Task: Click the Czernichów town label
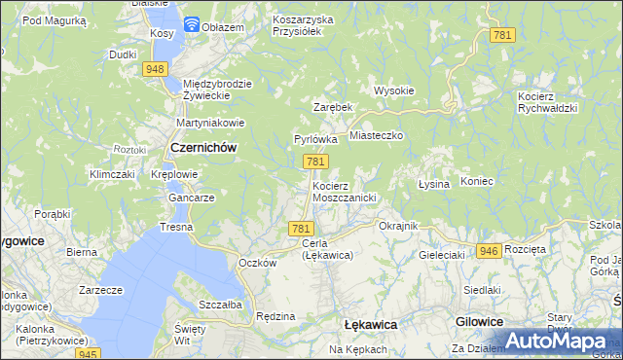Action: (x=203, y=147)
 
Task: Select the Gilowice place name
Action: (x=478, y=321)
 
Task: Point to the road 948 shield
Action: (x=155, y=69)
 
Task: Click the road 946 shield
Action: (x=489, y=251)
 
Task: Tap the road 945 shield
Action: (x=89, y=354)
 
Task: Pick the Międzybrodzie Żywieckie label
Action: (x=217, y=90)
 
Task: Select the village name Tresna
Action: (x=176, y=227)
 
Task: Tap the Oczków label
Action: (x=258, y=263)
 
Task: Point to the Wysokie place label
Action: (x=394, y=90)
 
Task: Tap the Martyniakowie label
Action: (x=208, y=123)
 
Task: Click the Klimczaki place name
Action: (x=111, y=174)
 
